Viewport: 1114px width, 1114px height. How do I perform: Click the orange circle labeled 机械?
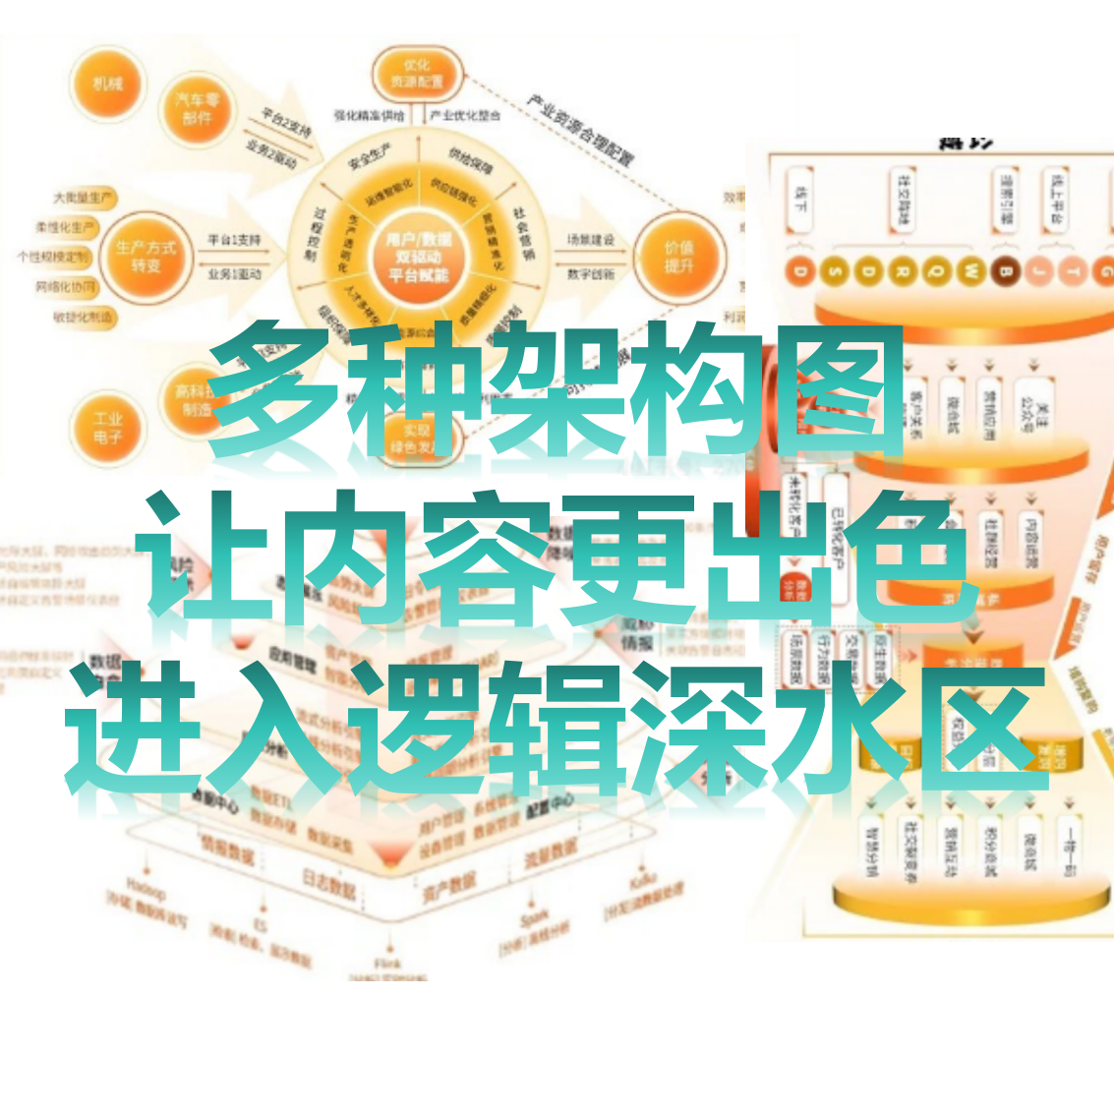(x=107, y=86)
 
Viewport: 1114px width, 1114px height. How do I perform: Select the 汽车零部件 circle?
(x=198, y=108)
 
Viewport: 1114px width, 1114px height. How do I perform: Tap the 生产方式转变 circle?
(x=147, y=257)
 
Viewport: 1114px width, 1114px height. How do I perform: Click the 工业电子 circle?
(x=108, y=428)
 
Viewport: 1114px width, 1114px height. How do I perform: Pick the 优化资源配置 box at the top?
(x=417, y=74)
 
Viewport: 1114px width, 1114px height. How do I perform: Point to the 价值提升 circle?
(x=678, y=257)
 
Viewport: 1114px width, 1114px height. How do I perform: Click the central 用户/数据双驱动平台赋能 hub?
(x=418, y=257)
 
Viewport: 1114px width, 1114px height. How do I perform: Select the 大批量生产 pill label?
(x=83, y=199)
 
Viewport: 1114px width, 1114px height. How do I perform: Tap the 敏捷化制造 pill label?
(x=84, y=317)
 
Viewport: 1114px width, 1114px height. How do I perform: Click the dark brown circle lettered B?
(x=1006, y=271)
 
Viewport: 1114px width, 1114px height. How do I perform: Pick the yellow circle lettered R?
(x=902, y=271)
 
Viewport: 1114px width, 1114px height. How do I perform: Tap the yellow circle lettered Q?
(x=936, y=271)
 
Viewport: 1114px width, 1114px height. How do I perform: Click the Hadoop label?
(x=146, y=889)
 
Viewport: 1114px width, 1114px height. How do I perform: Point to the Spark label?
(x=535, y=920)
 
